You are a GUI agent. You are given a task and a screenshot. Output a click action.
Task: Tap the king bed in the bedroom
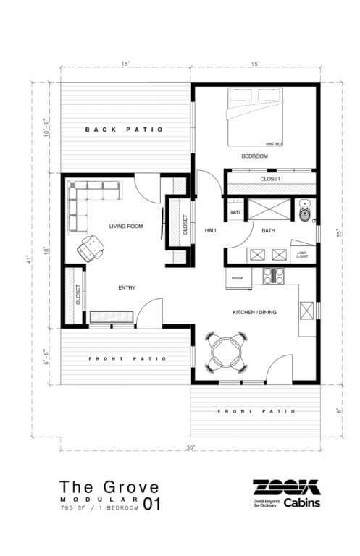click(x=257, y=116)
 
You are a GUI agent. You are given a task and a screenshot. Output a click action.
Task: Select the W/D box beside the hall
click(x=235, y=213)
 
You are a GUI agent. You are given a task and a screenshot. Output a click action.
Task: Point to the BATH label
click(x=268, y=231)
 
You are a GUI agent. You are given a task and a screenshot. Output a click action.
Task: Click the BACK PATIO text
click(x=124, y=130)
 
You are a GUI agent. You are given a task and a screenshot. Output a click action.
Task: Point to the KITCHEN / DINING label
click(x=254, y=312)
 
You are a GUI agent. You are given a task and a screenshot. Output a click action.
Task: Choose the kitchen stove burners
click(x=273, y=275)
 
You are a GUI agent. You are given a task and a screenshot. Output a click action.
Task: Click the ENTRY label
click(x=127, y=288)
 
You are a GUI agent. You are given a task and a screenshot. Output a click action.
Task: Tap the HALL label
click(x=211, y=230)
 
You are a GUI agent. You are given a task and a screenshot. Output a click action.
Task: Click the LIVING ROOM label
click(x=126, y=227)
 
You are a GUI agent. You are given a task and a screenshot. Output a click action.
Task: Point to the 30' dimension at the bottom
click(x=191, y=448)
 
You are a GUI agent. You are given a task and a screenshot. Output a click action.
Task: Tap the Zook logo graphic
click(x=285, y=486)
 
